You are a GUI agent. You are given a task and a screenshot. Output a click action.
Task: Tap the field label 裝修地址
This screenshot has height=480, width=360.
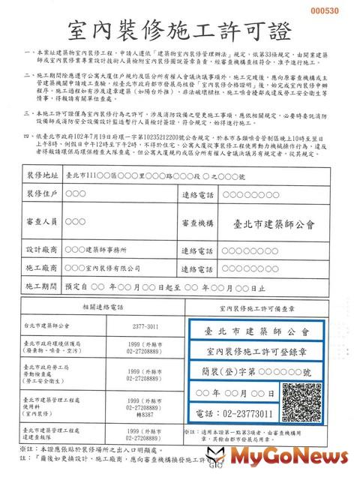(43, 174)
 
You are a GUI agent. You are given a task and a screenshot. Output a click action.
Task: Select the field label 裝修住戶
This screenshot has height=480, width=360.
(43, 196)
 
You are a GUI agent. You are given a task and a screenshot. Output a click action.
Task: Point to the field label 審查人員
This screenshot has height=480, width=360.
(43, 223)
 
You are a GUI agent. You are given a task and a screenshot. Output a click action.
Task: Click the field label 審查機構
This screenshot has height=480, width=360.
(199, 223)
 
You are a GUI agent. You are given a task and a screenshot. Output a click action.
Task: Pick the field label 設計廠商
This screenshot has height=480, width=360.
(43, 249)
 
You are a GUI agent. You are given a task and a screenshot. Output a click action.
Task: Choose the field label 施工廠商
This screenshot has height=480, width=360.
(43, 268)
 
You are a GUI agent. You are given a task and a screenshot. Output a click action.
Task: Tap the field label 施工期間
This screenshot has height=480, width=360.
(43, 286)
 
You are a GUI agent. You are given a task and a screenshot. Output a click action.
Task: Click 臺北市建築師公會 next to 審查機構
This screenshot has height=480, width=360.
(274, 223)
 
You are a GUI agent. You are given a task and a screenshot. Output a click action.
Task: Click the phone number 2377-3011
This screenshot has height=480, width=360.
(146, 326)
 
